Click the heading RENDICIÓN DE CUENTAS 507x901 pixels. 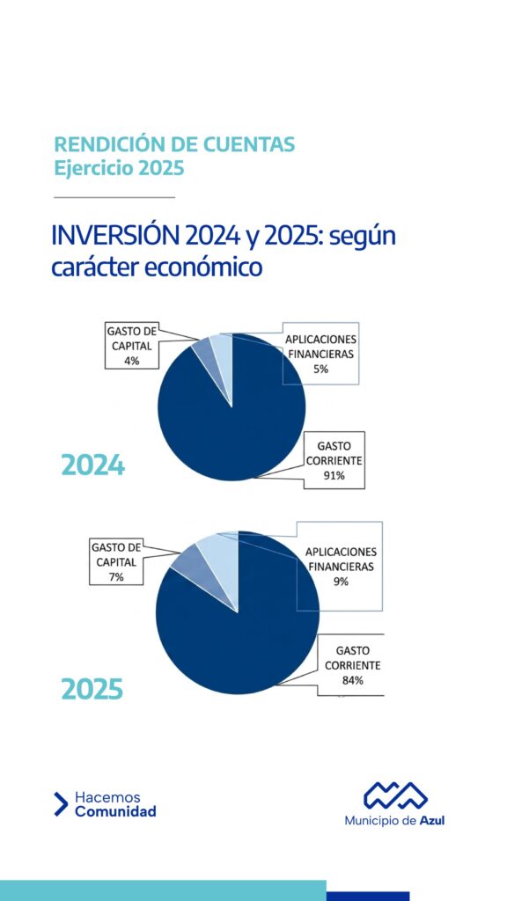[174, 144]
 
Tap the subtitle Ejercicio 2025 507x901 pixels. [119, 169]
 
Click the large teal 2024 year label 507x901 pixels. [92, 465]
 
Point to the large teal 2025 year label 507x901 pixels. [92, 689]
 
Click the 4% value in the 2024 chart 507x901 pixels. [132, 361]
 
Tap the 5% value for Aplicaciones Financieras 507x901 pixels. [320, 370]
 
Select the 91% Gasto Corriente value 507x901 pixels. [334, 475]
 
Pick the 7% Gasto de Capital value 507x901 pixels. [116, 577]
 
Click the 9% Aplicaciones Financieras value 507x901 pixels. [341, 581]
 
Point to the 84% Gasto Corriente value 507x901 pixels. [352, 680]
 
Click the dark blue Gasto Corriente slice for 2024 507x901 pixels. [236, 425]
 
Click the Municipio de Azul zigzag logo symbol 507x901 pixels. [395, 795]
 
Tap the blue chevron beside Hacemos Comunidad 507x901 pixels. [61, 804]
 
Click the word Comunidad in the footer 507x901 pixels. [115, 811]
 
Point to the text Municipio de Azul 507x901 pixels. [394, 821]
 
